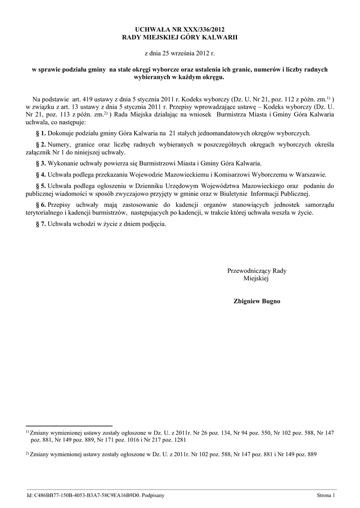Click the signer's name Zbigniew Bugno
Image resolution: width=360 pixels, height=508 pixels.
[x=257, y=301]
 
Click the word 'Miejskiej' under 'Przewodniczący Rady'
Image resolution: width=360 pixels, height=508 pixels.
[x=256, y=279]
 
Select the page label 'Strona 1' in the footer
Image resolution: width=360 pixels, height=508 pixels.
[x=326, y=495]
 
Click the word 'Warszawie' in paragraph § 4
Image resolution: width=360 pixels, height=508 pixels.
[x=311, y=175]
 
